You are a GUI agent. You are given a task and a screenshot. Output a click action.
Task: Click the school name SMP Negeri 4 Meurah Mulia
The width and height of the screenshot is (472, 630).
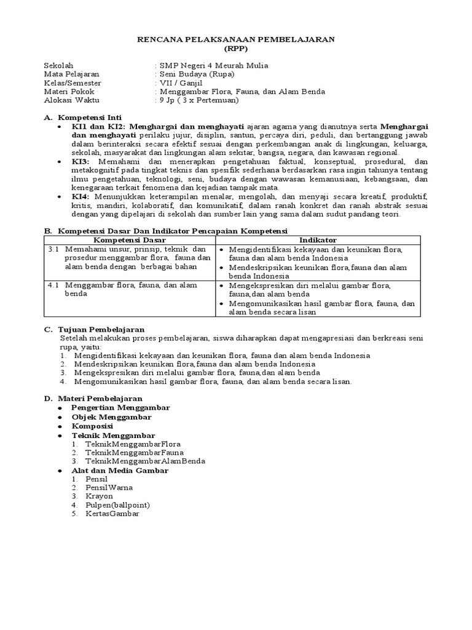click(x=213, y=65)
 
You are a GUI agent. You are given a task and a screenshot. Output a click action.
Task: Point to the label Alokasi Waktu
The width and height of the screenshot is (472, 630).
click(x=71, y=100)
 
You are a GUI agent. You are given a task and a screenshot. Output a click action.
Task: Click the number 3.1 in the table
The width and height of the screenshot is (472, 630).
click(x=53, y=249)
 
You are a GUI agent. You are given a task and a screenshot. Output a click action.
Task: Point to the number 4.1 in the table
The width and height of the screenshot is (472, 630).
click(x=53, y=285)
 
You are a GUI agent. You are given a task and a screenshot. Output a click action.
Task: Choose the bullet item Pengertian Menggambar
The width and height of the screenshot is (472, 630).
click(x=120, y=408)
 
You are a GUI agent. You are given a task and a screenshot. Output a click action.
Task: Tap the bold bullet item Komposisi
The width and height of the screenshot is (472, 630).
click(x=92, y=426)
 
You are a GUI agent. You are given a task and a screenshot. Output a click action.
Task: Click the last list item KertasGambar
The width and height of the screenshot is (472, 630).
click(x=112, y=514)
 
